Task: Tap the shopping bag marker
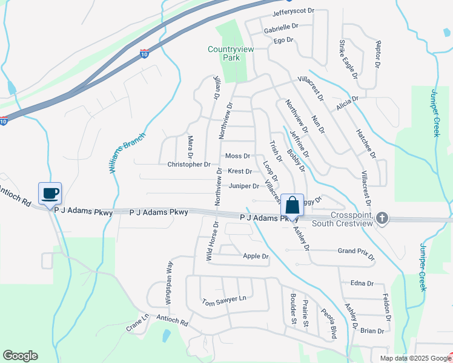click(292, 205)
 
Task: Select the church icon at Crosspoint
click(382, 217)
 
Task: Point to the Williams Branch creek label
click(128, 154)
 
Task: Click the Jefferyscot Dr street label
click(294, 11)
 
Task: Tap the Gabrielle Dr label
click(281, 27)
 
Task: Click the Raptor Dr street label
click(378, 54)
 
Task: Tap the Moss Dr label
click(237, 156)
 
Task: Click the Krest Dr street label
click(240, 171)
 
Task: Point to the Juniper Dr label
click(244, 186)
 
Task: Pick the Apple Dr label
click(255, 257)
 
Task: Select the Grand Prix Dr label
click(355, 250)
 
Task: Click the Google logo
click(20, 356)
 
